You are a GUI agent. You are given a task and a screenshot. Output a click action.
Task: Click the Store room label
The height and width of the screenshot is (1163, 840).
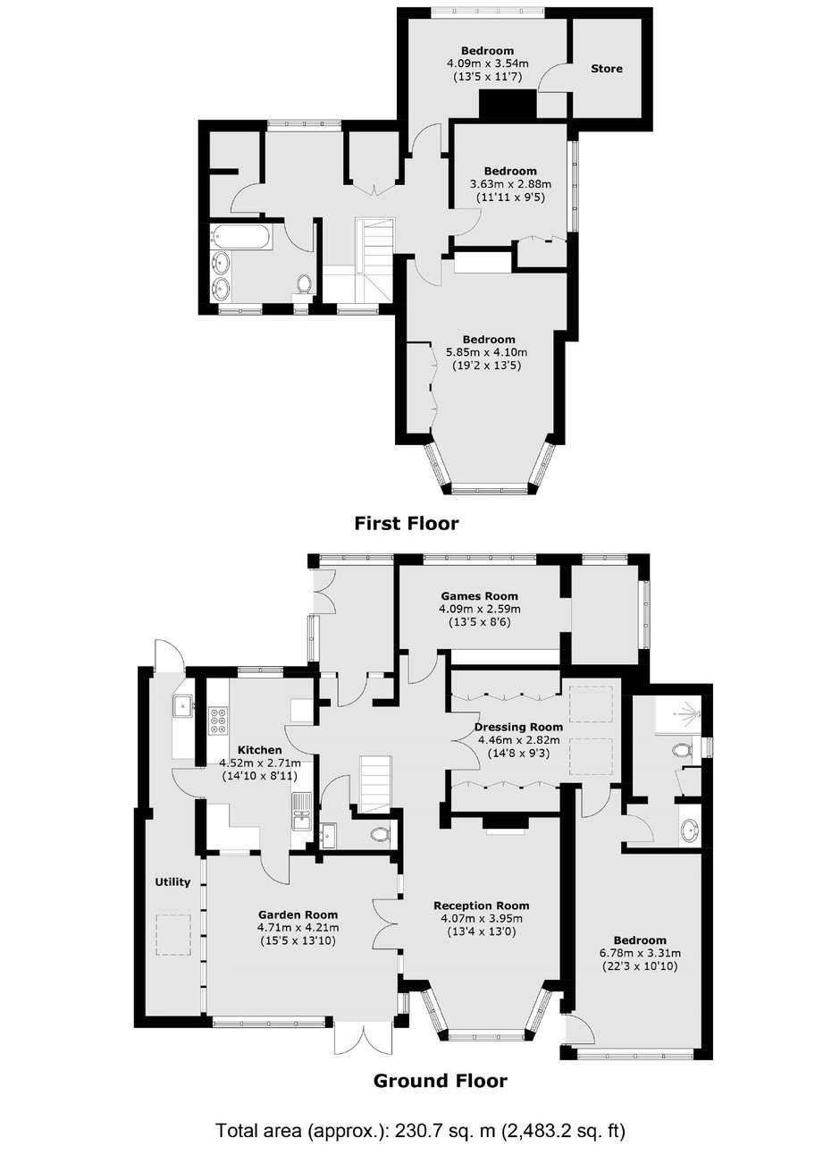coord(607,69)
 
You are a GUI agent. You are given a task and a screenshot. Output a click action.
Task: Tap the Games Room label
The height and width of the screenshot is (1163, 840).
coord(479,596)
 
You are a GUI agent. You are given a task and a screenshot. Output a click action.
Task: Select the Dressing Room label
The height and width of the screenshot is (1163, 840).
coord(518,727)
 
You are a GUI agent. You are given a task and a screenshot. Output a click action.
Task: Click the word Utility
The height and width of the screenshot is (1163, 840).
coord(172,881)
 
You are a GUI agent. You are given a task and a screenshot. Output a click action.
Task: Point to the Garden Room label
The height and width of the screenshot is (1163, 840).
coord(298,914)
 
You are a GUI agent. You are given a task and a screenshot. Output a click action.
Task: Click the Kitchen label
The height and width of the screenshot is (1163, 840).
coord(259,750)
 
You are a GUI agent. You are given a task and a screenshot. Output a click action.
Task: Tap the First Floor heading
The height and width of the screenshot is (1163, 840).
coord(407,523)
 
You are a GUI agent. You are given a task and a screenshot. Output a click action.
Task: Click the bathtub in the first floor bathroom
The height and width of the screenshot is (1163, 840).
coord(240,238)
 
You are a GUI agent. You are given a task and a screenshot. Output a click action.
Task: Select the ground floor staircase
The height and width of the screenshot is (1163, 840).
coord(374,784)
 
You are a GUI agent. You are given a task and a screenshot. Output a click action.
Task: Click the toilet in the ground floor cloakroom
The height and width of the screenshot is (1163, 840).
coord(381,835)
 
